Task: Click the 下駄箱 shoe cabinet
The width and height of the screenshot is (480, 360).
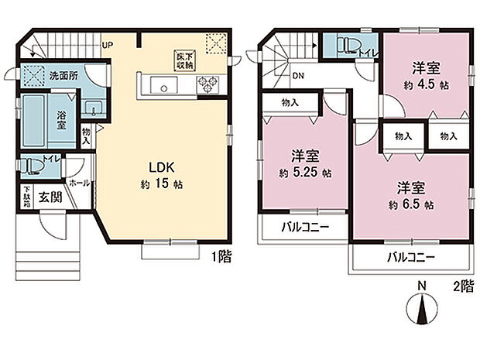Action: (26, 197)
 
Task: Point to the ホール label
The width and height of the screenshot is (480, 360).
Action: (79, 183)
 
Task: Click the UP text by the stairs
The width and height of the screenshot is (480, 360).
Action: (107, 45)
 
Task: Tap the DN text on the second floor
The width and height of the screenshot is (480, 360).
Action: (297, 76)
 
